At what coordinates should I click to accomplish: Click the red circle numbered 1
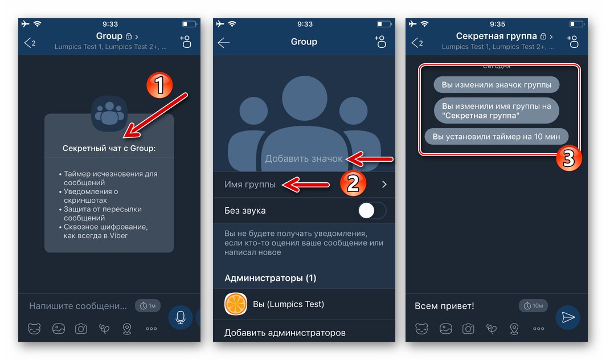[159, 85]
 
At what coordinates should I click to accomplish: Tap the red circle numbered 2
[353, 183]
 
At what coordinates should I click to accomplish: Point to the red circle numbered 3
[568, 158]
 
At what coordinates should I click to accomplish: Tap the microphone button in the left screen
[181, 317]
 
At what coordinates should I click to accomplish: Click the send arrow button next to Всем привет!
[568, 317]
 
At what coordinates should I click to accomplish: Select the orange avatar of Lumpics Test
[236, 304]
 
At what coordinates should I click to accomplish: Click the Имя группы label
[250, 185]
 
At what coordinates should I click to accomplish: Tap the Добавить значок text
[304, 158]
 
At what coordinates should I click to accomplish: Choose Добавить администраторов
[285, 333]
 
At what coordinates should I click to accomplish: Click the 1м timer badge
[148, 306]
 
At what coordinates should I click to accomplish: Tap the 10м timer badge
[533, 306]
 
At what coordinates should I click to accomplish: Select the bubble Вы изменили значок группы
[496, 85]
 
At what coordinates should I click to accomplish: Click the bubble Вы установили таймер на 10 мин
[496, 137]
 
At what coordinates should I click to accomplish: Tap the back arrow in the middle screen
[223, 43]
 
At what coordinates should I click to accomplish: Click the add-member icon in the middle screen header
[380, 42]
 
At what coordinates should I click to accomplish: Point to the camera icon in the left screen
[81, 329]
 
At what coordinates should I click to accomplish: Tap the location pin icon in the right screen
[514, 329]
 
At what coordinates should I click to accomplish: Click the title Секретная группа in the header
[496, 36]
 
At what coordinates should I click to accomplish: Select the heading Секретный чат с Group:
[109, 148]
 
